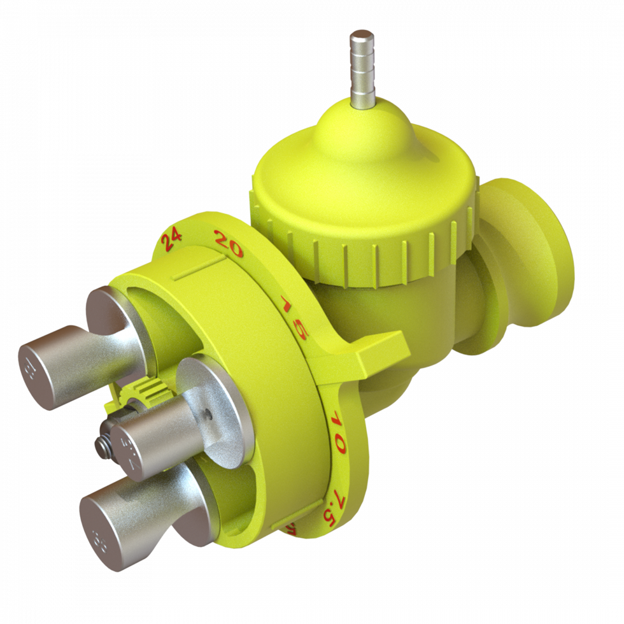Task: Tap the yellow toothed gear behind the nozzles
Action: (x=143, y=391)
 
